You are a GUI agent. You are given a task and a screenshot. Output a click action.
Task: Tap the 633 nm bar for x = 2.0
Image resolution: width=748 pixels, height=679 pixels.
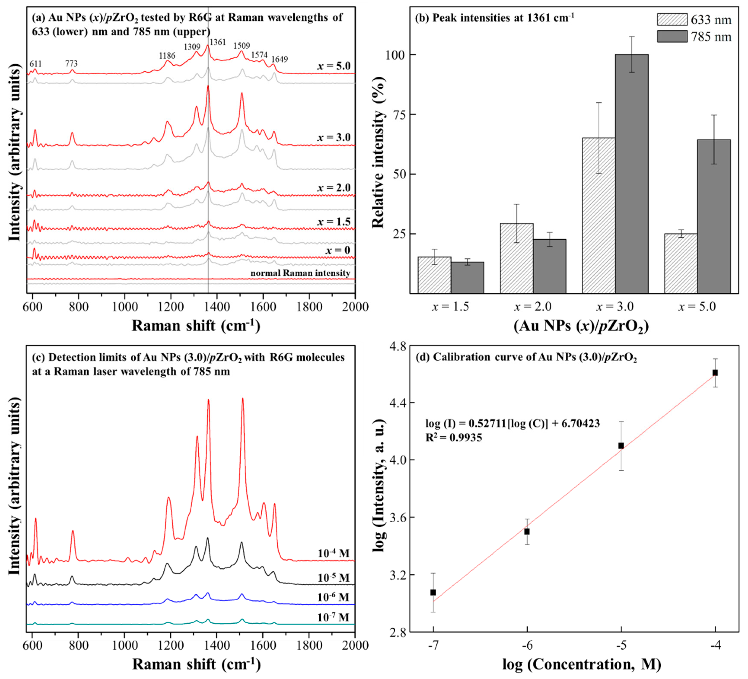click(516, 258)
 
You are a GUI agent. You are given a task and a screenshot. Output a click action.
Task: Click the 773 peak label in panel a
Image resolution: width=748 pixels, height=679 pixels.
click(71, 64)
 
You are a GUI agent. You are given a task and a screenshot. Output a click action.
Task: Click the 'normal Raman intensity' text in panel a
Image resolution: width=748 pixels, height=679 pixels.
click(300, 273)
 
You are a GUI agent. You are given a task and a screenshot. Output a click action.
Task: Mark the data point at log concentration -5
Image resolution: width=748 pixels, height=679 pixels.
click(621, 446)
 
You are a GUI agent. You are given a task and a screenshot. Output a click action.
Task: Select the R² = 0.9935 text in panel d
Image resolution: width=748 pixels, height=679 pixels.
click(453, 438)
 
